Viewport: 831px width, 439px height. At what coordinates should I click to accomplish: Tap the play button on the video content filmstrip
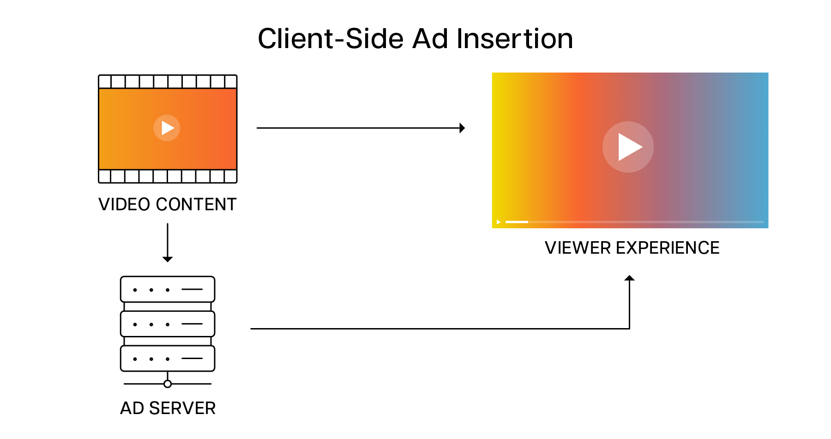coord(167,128)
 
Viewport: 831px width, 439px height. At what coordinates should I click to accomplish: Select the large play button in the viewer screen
coord(628,147)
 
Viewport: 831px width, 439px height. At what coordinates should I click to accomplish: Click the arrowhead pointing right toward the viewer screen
coord(462,128)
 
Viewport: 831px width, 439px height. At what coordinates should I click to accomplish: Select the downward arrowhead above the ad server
coord(168,259)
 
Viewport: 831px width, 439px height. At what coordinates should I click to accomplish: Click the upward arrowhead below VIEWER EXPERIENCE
coord(629,278)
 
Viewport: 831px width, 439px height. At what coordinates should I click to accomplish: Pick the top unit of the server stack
coord(168,289)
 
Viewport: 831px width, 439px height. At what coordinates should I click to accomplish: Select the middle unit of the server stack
coord(168,324)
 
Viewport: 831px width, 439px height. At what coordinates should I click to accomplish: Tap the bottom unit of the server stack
coord(168,359)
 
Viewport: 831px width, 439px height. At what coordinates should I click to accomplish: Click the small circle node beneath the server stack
coord(168,384)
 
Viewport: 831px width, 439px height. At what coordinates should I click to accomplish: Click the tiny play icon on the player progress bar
coord(499,222)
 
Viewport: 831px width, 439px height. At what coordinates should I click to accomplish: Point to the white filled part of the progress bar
coord(517,222)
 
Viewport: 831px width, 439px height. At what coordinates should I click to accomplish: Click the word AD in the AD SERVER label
coord(132,409)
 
